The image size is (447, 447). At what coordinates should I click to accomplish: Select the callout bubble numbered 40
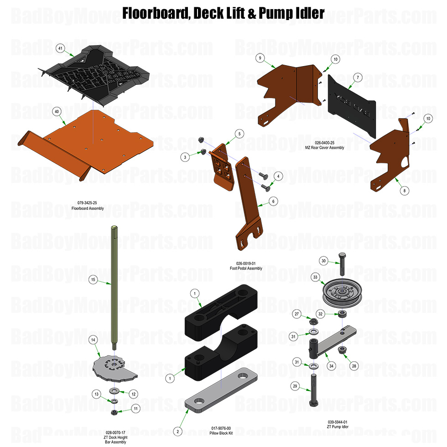click(57, 111)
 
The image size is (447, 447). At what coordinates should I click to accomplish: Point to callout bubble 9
click(260, 58)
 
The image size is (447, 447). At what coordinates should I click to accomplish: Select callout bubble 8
click(393, 190)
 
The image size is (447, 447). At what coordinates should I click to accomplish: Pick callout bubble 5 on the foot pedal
click(239, 134)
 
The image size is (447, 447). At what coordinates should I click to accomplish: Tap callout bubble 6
click(273, 201)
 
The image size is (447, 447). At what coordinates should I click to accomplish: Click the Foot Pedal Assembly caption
click(246, 268)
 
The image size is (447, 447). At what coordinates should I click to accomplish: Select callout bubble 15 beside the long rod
click(93, 279)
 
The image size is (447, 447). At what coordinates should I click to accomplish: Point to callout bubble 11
click(135, 408)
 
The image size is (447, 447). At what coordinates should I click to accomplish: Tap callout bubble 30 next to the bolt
click(324, 261)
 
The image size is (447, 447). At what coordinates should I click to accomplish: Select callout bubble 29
click(295, 386)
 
